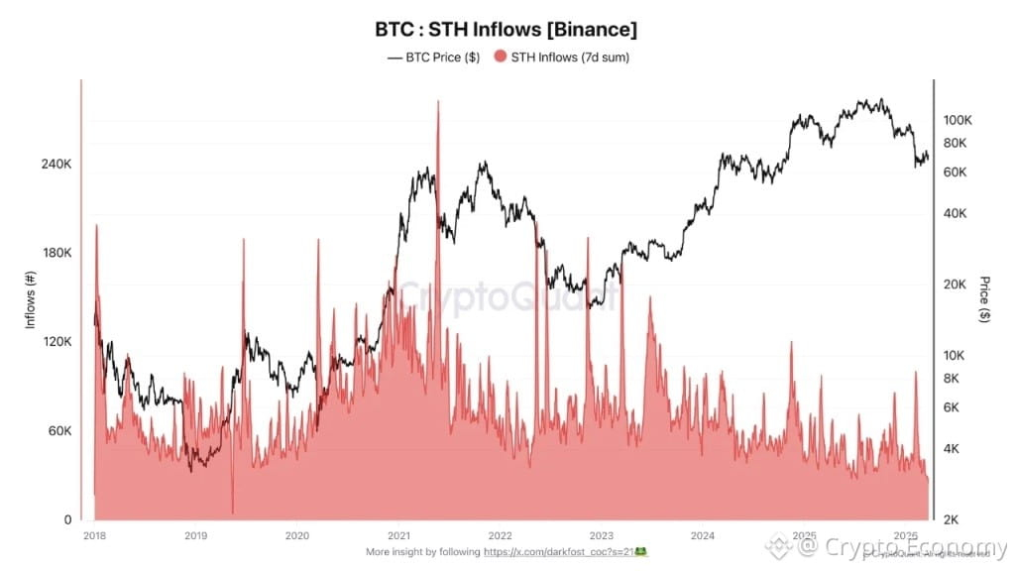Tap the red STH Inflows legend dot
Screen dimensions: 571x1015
click(500, 57)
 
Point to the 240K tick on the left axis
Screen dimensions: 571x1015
click(54, 164)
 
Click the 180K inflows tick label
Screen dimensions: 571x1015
click(54, 253)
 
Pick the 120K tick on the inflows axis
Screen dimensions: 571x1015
click(54, 342)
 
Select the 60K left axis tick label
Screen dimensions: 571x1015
click(56, 431)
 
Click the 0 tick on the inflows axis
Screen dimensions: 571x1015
click(66, 519)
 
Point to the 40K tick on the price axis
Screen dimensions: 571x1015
click(955, 213)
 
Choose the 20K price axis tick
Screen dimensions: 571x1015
click(955, 285)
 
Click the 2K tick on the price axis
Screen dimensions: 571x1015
click(952, 519)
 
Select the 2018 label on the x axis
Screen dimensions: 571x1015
click(95, 535)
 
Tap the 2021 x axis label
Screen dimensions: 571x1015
click(398, 535)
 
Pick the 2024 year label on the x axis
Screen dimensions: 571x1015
click(703, 535)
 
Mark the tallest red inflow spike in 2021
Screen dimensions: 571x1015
click(437, 103)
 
